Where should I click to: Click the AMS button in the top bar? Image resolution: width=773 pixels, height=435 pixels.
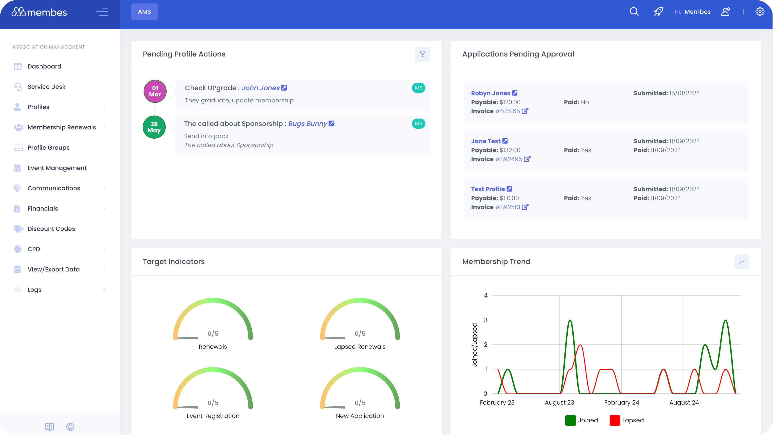(144, 12)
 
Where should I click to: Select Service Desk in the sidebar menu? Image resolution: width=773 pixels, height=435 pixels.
(46, 87)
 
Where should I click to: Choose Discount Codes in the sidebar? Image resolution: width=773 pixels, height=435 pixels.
(51, 229)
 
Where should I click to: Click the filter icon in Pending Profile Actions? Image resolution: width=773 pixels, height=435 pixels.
(422, 54)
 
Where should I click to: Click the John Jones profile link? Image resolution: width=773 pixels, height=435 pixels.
(260, 88)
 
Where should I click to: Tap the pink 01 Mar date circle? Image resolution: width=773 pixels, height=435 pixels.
(155, 91)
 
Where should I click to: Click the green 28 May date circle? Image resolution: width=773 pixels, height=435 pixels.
(154, 127)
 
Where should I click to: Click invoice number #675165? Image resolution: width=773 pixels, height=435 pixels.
(507, 111)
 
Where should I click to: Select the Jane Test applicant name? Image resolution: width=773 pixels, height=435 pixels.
(486, 141)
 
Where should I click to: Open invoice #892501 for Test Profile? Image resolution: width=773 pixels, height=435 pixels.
(507, 207)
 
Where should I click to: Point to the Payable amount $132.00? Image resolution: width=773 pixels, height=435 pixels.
(510, 150)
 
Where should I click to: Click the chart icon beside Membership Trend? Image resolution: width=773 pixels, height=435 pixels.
(742, 262)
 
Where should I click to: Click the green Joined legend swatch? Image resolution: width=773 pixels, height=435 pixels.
(570, 420)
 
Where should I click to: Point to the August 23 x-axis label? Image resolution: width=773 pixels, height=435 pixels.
(559, 402)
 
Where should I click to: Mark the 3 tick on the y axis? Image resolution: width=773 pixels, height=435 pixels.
(486, 320)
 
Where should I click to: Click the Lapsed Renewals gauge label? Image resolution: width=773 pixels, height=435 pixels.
(360, 347)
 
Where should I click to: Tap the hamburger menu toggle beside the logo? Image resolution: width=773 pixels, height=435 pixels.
(102, 12)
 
